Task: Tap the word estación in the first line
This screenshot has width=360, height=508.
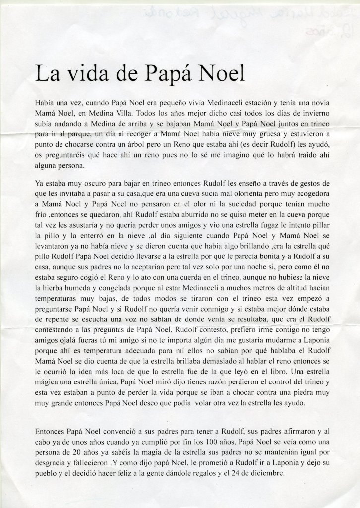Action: tap(254, 102)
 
